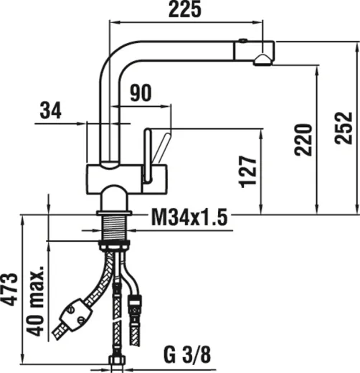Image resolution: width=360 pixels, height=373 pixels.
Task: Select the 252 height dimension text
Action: pyautogui.click(x=345, y=127)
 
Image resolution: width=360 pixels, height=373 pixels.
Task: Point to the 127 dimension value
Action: pyautogui.click(x=248, y=171)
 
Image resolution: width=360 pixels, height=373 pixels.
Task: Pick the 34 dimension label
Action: pyautogui.click(x=50, y=111)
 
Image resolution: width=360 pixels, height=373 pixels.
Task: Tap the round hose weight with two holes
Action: pyautogui.click(x=75, y=315)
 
